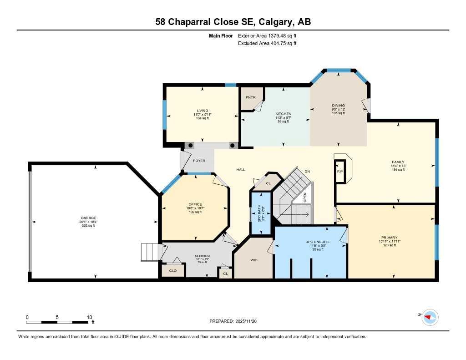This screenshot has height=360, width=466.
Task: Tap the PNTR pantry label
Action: coord(251,97)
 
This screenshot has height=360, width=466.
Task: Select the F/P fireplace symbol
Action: coord(339,172)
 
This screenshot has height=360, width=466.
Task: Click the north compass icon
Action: coord(429,317)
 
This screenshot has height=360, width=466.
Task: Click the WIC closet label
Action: coord(254,261)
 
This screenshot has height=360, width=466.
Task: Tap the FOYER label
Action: coord(199,161)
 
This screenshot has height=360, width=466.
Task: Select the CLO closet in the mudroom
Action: coord(173,270)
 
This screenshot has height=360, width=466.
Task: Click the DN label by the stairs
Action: coord(307,171)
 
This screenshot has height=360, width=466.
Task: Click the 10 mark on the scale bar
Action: coord(89,317)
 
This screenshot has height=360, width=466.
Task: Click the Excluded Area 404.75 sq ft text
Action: coord(267,44)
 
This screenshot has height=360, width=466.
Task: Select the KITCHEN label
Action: coord(283,114)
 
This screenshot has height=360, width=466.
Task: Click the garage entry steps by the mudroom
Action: coord(150,252)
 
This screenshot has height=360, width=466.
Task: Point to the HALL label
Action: coord(241,170)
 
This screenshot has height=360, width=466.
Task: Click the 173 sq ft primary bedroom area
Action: coord(390,245)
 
